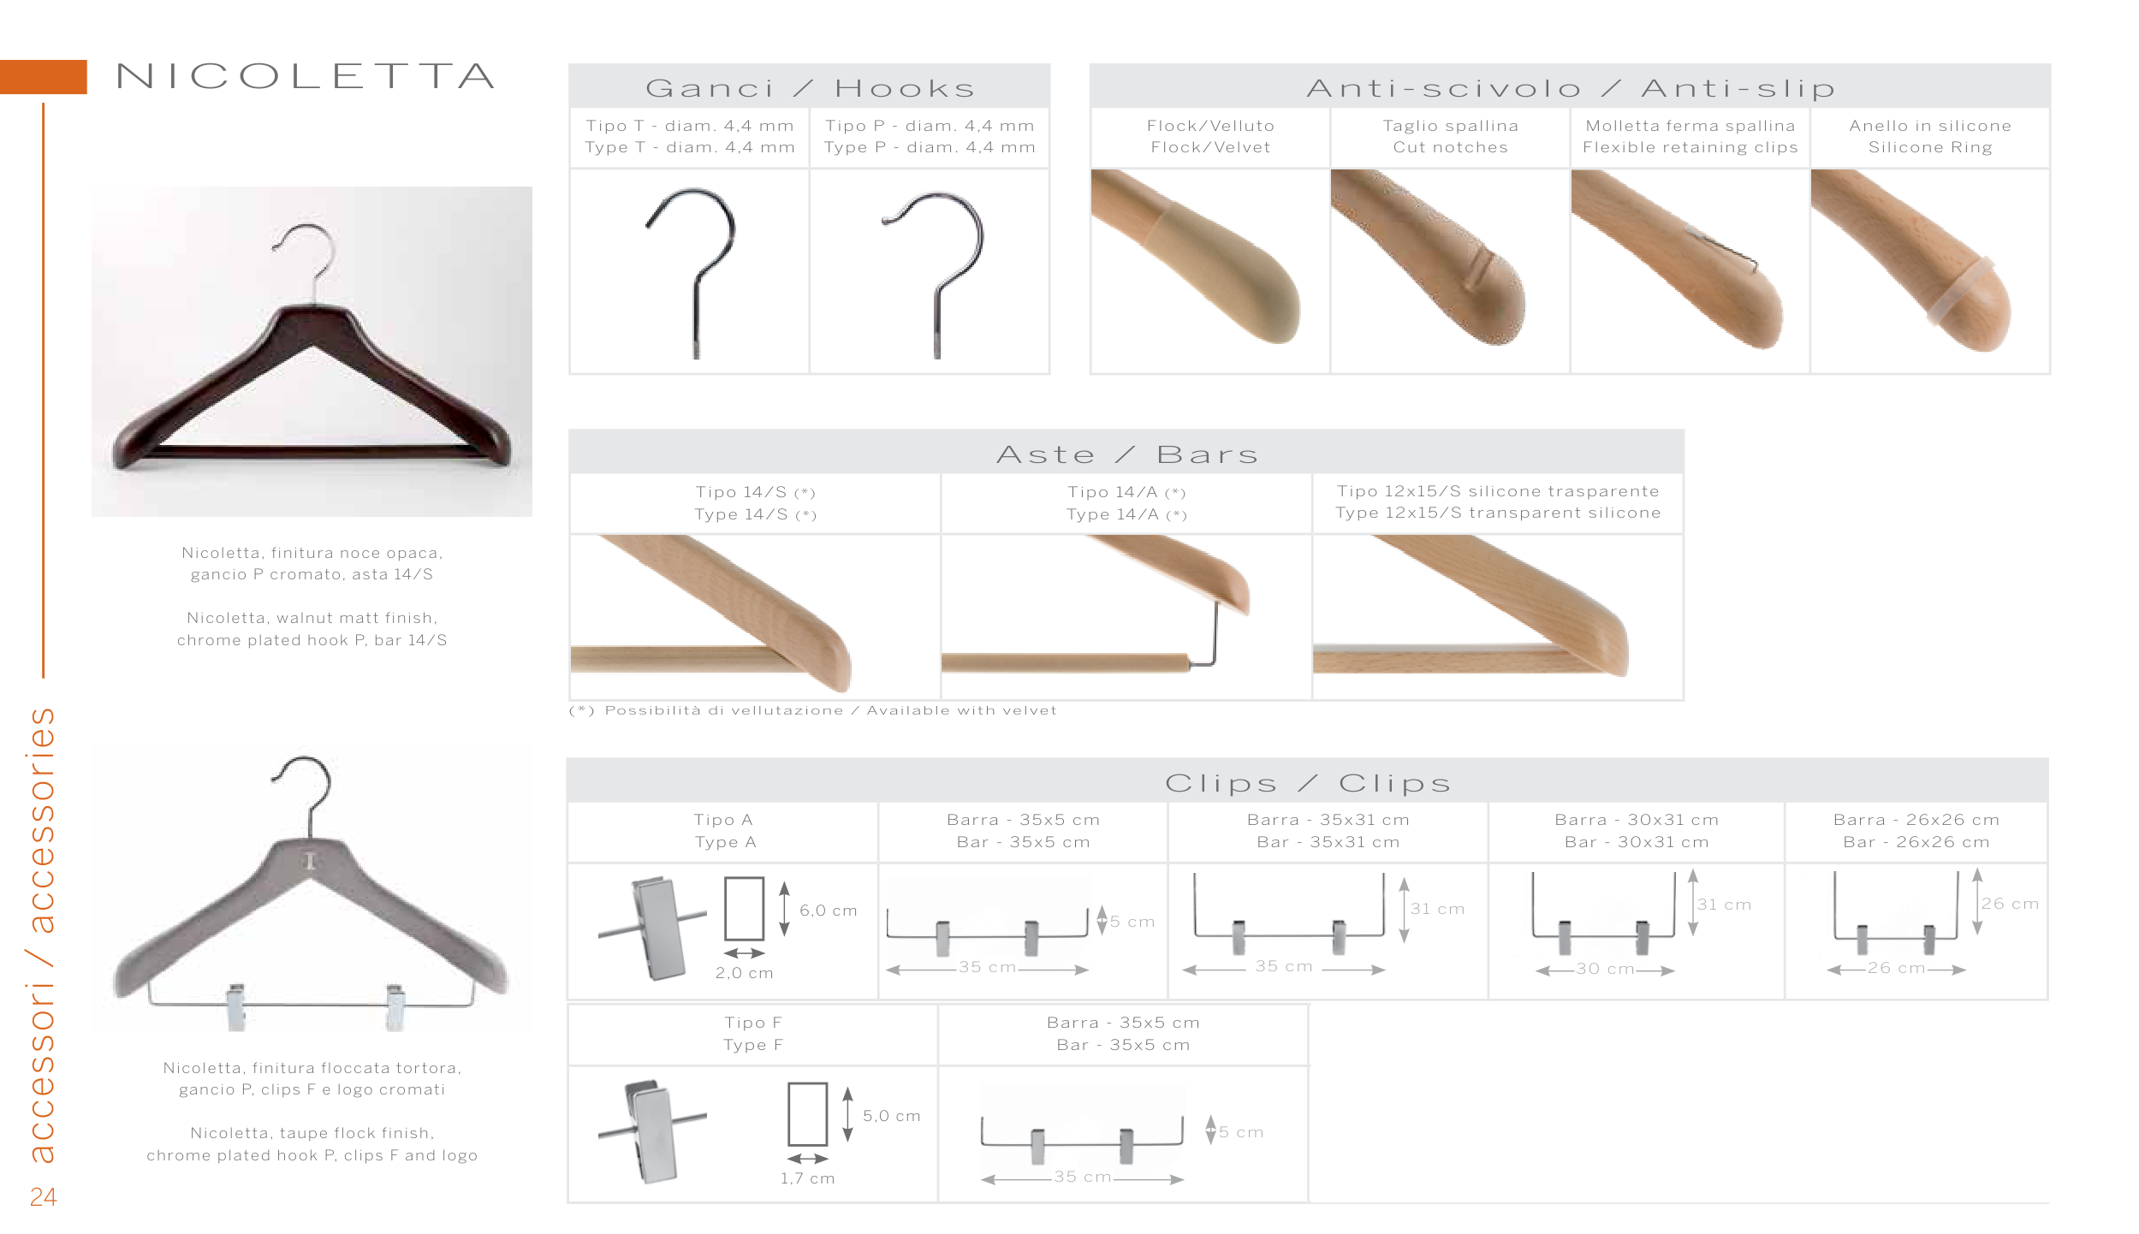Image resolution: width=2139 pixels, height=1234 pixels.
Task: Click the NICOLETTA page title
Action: [306, 76]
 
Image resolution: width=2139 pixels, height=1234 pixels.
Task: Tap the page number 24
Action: [43, 1196]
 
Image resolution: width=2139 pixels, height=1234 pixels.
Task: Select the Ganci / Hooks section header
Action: [810, 88]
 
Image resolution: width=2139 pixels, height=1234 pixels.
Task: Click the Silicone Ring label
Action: [1930, 147]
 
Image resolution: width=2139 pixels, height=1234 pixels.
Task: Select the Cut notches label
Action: [1450, 147]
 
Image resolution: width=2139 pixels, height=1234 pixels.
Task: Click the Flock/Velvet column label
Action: [1210, 147]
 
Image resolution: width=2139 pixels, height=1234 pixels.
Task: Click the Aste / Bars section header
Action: [1126, 454]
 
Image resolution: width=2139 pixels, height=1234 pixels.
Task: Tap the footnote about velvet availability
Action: [812, 710]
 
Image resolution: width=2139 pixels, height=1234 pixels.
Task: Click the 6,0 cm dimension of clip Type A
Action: [828, 911]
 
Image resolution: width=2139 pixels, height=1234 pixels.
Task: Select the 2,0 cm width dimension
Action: [744, 973]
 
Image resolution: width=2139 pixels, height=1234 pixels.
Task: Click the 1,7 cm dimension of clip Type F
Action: [806, 1178]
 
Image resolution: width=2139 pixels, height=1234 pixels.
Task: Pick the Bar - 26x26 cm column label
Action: [1916, 842]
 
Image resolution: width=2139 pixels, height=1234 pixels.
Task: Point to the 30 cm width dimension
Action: [1605, 969]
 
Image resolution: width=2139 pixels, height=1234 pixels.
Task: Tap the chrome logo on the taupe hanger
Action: [311, 861]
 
